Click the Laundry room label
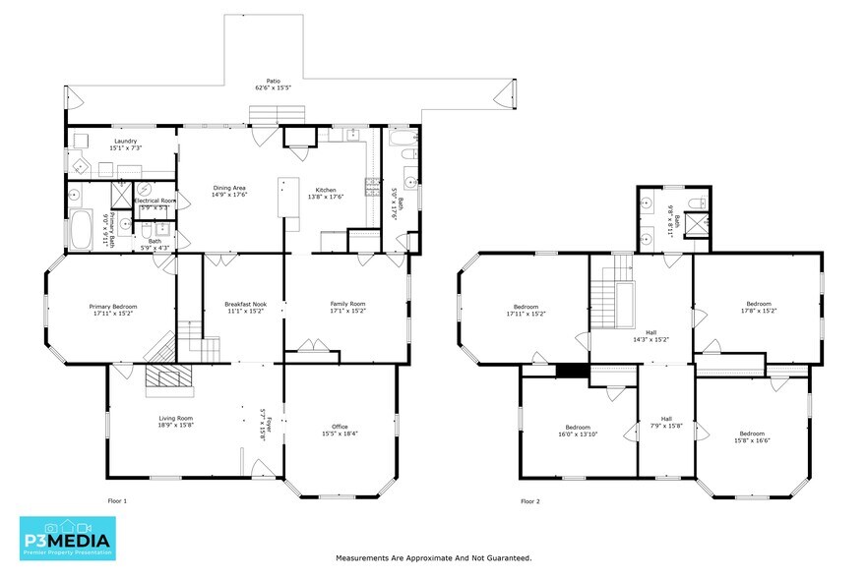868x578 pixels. point(125,142)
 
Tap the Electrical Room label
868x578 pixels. point(155,201)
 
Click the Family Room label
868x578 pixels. point(347,304)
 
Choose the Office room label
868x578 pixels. point(340,428)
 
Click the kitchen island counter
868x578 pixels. point(288,198)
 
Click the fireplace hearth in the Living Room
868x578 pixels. point(166,379)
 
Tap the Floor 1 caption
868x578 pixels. point(117,501)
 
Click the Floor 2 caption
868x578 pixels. point(530,501)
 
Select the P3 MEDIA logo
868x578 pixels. point(67,537)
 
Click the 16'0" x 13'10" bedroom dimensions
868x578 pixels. point(577,434)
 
